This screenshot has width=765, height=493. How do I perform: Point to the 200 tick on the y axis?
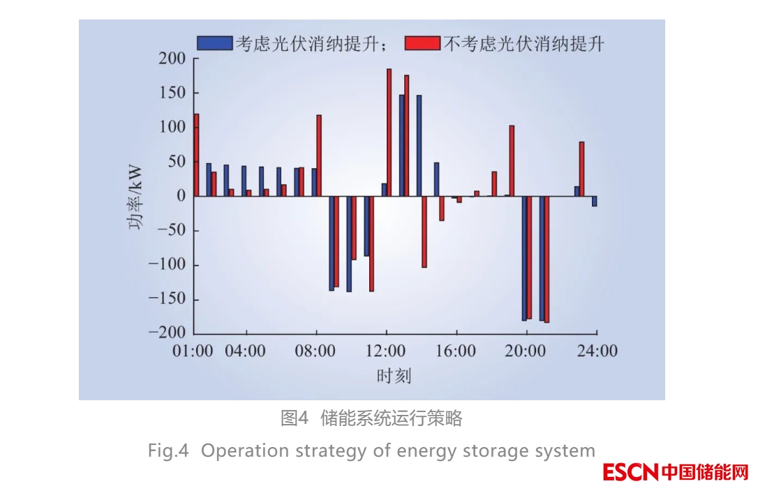pyautogui.click(x=171, y=59)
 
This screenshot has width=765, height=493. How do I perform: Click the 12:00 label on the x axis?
pyautogui.click(x=385, y=351)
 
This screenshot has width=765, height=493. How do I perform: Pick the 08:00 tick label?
pyautogui.click(x=315, y=351)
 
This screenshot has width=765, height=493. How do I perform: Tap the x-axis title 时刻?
pyautogui.click(x=394, y=377)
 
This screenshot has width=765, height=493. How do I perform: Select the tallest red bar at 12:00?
pyautogui.click(x=389, y=132)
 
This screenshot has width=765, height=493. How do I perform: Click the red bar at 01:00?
pyautogui.click(x=196, y=155)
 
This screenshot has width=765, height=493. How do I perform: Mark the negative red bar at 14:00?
pyautogui.click(x=424, y=232)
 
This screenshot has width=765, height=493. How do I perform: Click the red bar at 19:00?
pyautogui.click(x=512, y=161)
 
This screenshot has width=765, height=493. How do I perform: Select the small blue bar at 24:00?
pyautogui.click(x=595, y=201)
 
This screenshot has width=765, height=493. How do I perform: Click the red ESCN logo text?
pyautogui.click(x=630, y=472)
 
